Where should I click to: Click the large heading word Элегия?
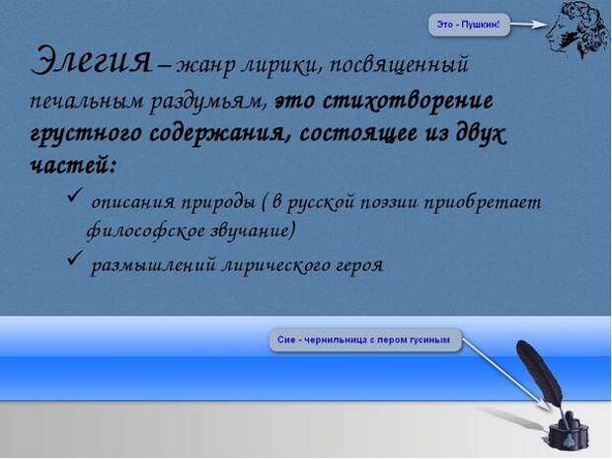(91, 61)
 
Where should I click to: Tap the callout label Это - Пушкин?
(469, 25)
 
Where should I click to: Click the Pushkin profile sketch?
(577, 31)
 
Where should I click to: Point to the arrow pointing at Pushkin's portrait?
(529, 25)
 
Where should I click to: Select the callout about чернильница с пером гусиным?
(365, 340)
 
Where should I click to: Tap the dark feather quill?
(541, 375)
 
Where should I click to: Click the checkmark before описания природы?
(75, 194)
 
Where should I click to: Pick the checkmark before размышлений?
(75, 258)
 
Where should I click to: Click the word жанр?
(205, 66)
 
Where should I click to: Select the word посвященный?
(399, 65)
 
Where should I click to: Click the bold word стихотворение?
(409, 101)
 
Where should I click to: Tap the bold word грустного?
(86, 133)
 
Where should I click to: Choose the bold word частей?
(73, 166)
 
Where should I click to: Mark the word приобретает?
(483, 203)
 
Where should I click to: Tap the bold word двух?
(481, 133)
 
